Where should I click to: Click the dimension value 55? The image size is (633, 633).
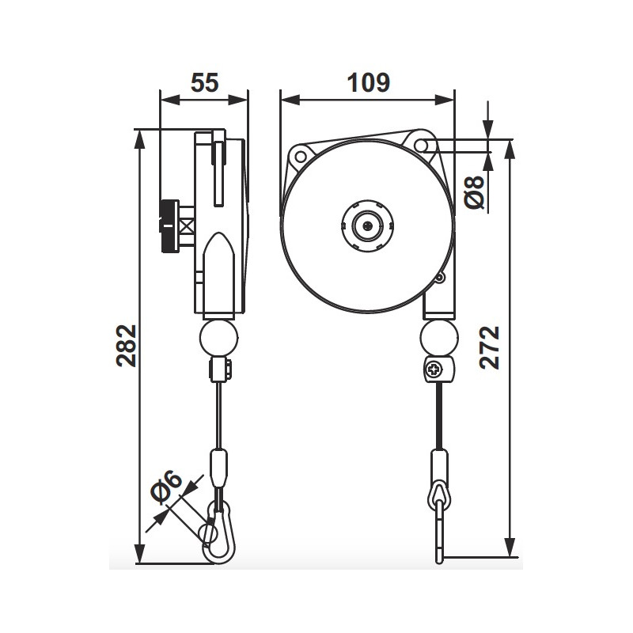[x=204, y=82]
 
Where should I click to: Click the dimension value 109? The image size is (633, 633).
[x=368, y=82]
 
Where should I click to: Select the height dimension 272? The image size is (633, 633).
[x=491, y=347]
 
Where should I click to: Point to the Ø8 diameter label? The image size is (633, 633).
[x=475, y=191]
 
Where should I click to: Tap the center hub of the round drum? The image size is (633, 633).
[x=367, y=225]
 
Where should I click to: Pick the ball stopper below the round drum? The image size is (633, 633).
[x=438, y=338]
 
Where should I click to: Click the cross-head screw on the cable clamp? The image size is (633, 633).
[x=436, y=369]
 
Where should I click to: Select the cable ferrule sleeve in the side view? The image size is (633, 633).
[x=218, y=467]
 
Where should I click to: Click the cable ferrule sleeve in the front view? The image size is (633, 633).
[x=439, y=466]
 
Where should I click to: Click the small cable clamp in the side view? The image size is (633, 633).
[x=219, y=370]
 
